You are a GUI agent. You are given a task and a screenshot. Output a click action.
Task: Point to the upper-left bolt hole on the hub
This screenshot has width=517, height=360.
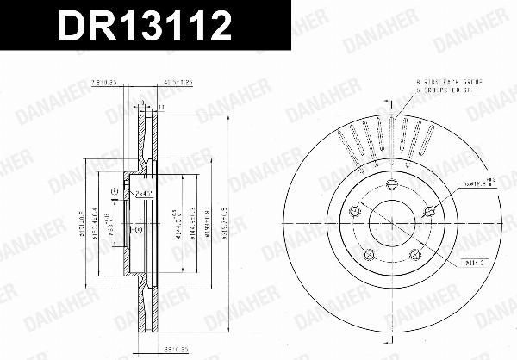pyautogui.click(x=354, y=211)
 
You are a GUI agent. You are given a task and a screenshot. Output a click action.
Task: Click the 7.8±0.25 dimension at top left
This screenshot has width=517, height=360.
pyautogui.click(x=103, y=87)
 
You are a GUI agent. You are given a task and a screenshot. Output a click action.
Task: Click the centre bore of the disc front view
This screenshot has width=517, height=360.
pyautogui.click(x=393, y=224)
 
